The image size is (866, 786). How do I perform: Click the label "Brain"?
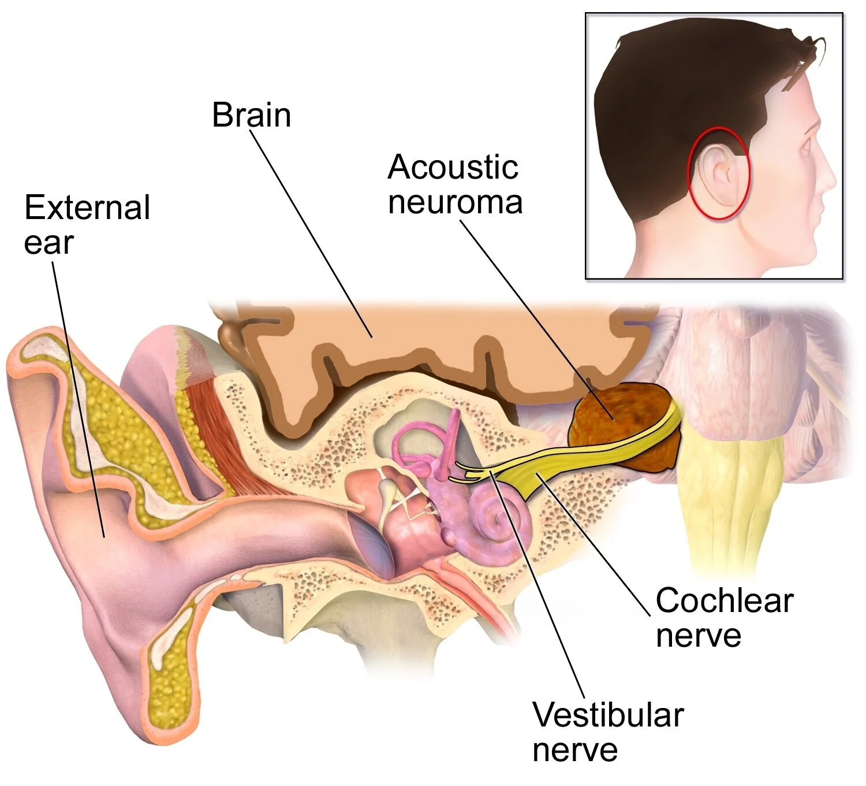point(251,115)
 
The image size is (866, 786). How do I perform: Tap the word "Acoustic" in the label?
point(453,168)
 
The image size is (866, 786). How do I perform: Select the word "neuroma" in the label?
point(455,202)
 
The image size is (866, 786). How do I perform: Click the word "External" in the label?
point(87,207)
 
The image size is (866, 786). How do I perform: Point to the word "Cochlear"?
point(724,600)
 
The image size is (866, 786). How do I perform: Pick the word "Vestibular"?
point(607,715)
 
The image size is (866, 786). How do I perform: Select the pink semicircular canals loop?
point(416,445)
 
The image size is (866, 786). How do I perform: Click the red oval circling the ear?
point(688,173)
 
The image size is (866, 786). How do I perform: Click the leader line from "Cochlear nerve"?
point(595,543)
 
